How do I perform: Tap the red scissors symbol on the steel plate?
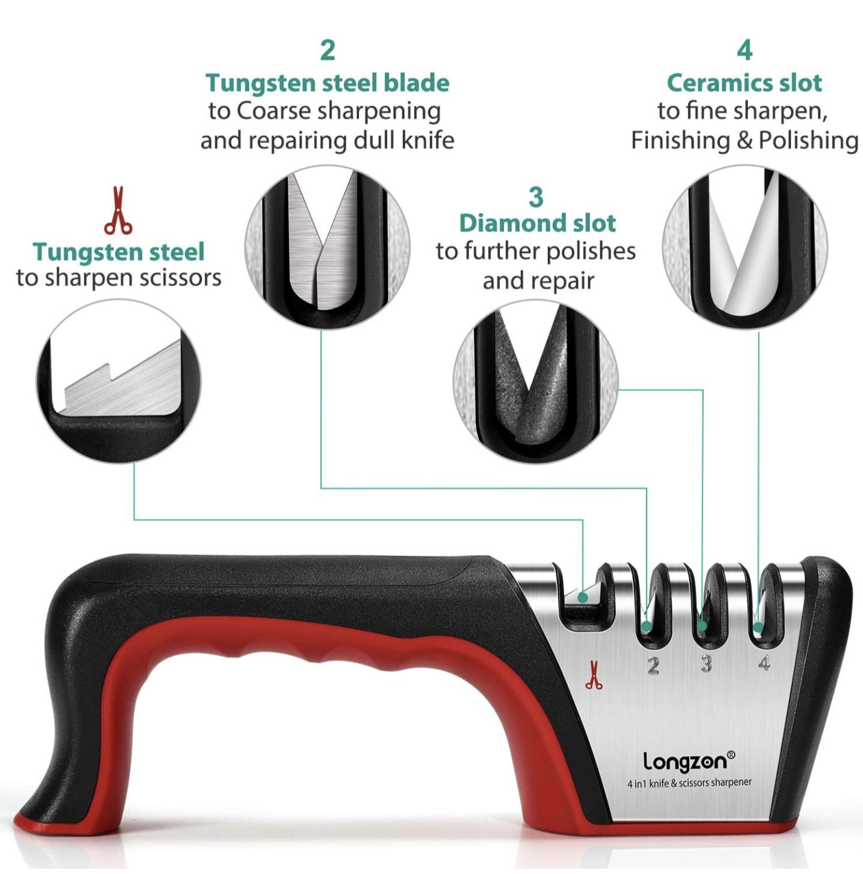[x=594, y=675]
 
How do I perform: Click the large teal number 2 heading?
[x=327, y=50]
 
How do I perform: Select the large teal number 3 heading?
[x=536, y=197]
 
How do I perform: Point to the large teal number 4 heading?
[x=744, y=50]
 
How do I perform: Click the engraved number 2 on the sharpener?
[x=653, y=666]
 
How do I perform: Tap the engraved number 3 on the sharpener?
[x=707, y=664]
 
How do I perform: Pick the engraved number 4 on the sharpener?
[x=764, y=663]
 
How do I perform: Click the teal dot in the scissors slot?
[x=583, y=598]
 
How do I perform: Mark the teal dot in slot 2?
[x=647, y=627]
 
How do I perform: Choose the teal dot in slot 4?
[x=758, y=628]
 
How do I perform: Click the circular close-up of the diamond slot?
[x=536, y=382]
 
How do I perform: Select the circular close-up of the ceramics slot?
[x=745, y=247]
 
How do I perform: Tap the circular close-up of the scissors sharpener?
[x=119, y=382]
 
